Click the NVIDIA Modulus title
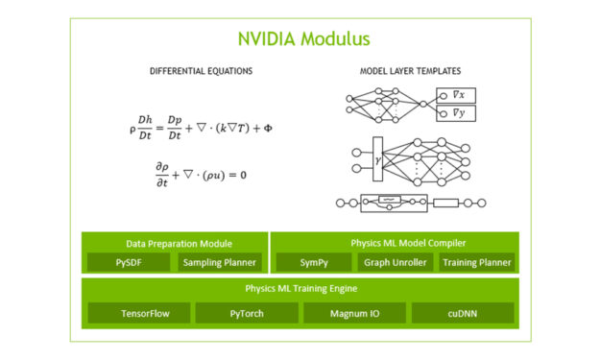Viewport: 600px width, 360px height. [x=303, y=39]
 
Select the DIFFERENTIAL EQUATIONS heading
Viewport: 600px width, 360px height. [x=201, y=71]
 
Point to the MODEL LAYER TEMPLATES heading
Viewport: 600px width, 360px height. [x=410, y=71]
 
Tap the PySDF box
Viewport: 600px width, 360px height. [x=129, y=262]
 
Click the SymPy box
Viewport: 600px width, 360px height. [x=313, y=262]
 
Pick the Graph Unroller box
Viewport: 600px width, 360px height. [x=395, y=262]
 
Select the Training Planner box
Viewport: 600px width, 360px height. [x=477, y=262]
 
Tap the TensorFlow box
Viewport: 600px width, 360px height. [x=138, y=313]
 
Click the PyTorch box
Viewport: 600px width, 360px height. [x=247, y=313]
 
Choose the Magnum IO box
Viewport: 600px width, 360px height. [x=354, y=313]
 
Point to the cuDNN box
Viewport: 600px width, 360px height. [x=463, y=313]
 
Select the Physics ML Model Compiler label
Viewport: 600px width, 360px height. [x=395, y=242]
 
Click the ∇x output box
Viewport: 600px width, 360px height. [x=455, y=95]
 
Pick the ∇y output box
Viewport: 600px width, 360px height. [x=455, y=114]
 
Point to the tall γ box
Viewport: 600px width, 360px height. [x=377, y=158]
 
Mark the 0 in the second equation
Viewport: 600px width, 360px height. [x=242, y=176]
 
